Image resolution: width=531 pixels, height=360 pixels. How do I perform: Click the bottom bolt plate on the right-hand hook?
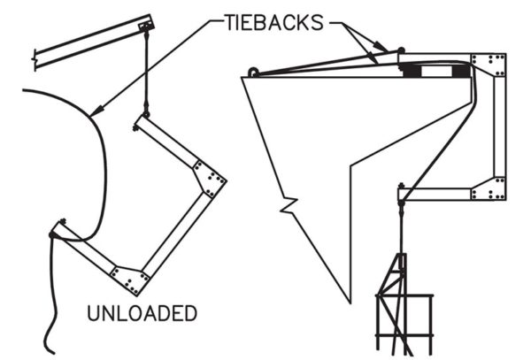tap(489, 188)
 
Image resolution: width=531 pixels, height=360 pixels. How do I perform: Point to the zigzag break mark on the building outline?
tap(286, 209)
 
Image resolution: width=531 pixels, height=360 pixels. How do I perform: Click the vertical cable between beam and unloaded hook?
tap(144, 75)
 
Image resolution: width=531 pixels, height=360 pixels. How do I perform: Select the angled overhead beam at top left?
tap(88, 40)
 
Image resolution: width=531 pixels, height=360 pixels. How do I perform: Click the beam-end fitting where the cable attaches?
tap(145, 29)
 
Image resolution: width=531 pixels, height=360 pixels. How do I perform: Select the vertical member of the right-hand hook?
tap(499, 128)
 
